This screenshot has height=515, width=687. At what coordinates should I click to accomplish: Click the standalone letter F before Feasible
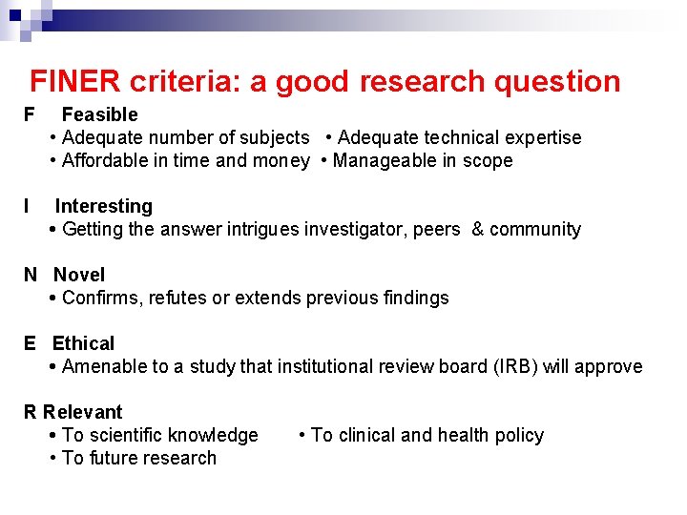pos(29,114)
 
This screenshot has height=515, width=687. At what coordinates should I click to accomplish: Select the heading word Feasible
pos(99,114)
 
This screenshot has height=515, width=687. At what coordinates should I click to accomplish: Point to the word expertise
pos(540,137)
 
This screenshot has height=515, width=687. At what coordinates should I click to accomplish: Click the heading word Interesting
pos(103,206)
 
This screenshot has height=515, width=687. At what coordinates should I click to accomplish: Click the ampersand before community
pos(478,229)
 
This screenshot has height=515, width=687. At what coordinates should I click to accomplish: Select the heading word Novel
pos(79,275)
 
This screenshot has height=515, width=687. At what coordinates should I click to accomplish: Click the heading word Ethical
pos(83,343)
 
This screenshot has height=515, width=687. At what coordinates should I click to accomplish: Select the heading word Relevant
pos(82,412)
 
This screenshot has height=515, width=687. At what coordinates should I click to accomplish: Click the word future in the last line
pos(111,458)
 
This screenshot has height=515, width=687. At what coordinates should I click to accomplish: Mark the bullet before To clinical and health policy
pos(302,435)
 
